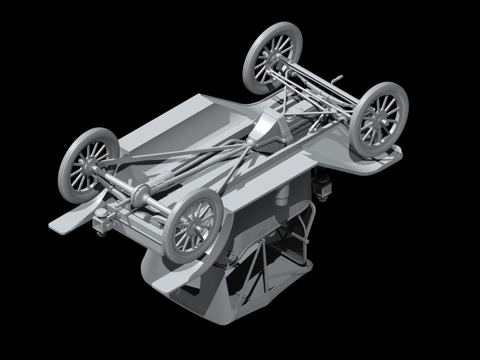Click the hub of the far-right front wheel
[377, 120]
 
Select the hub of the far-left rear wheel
[87, 165]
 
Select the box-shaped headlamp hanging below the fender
[323, 187]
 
